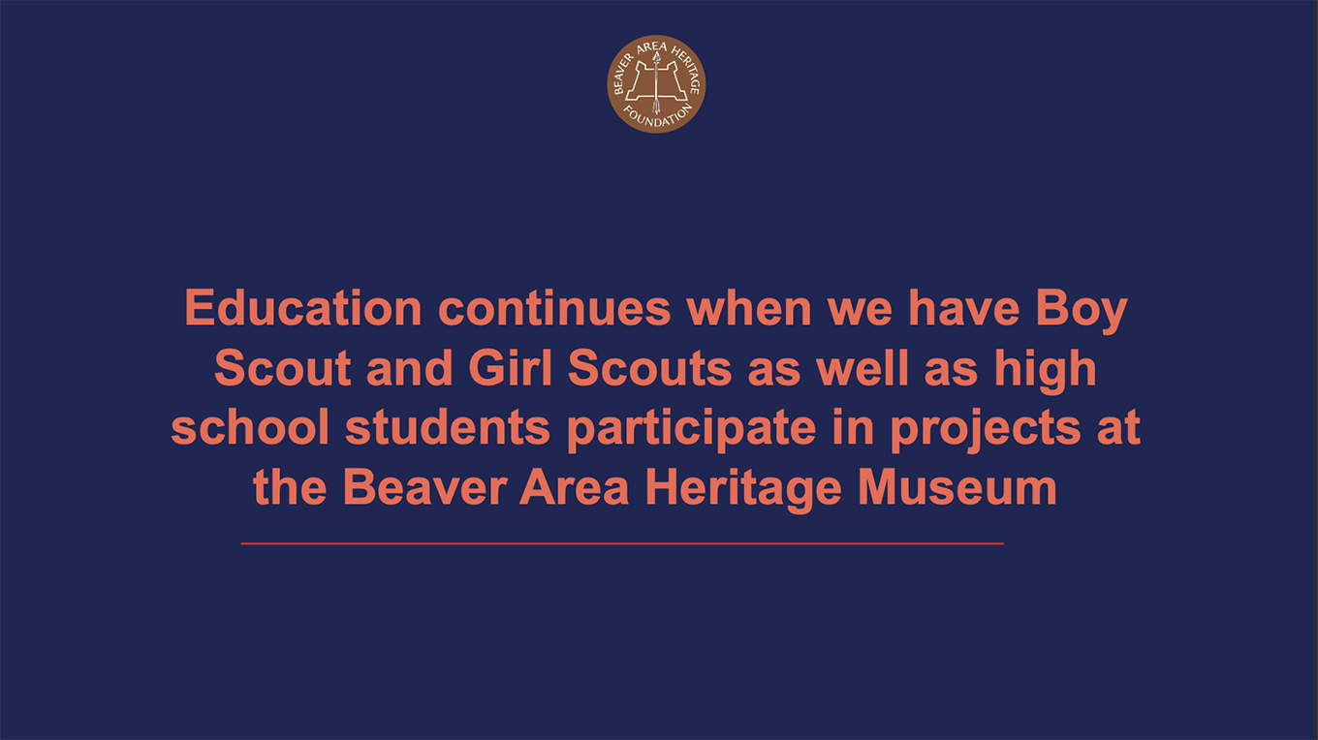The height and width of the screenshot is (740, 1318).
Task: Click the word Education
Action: [x=303, y=308]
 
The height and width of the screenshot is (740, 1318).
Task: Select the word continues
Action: [x=554, y=308]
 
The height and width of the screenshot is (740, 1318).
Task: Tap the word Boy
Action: [x=1082, y=311]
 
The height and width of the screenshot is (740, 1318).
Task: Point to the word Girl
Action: [x=510, y=368]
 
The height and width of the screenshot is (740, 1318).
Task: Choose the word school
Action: [x=249, y=427]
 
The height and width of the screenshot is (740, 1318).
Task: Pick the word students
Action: [x=447, y=427]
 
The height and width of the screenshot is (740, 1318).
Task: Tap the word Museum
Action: [x=957, y=487]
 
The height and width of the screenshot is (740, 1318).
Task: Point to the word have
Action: [x=963, y=308]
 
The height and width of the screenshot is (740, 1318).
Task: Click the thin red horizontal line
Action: [x=622, y=544]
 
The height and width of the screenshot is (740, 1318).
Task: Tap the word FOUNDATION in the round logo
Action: [x=658, y=117]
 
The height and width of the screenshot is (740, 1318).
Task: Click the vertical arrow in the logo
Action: [x=656, y=82]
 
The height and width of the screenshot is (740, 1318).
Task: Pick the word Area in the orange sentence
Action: [x=574, y=487]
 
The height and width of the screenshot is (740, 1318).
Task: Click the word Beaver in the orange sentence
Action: [x=424, y=487]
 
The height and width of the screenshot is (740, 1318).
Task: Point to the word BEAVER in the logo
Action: [x=622, y=74]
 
